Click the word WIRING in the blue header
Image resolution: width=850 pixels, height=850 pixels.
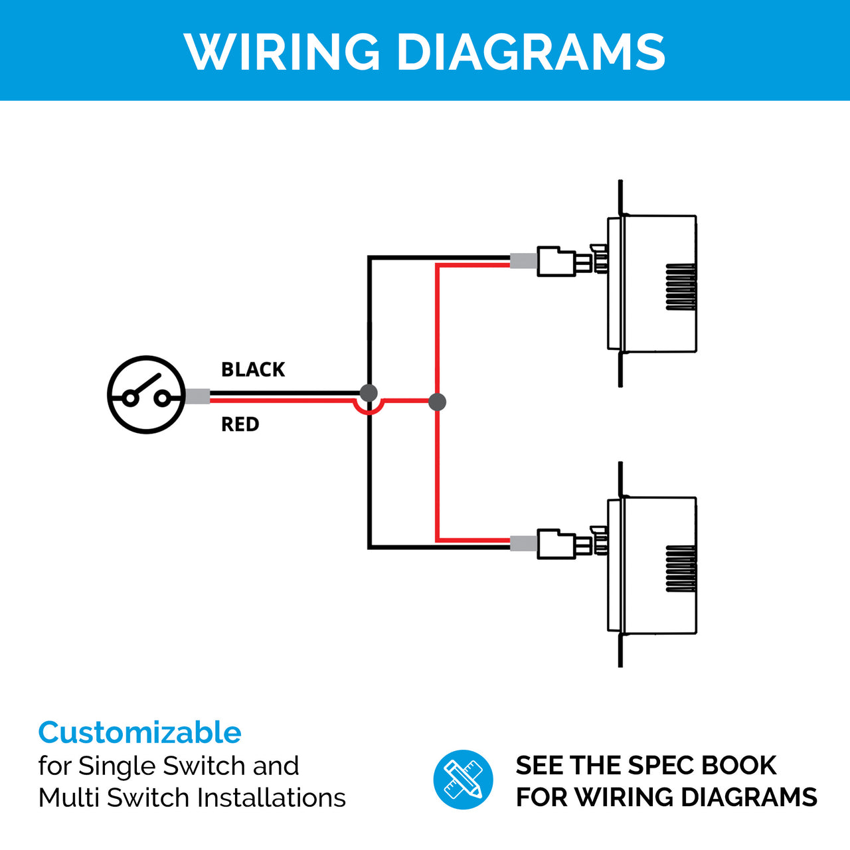[282, 51]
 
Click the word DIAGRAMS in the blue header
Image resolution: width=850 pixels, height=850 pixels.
[531, 51]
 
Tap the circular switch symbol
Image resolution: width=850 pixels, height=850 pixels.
[146, 396]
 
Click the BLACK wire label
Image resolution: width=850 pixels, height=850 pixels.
[253, 370]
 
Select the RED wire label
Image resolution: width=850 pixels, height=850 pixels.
[240, 424]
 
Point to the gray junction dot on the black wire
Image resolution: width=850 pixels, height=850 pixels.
[369, 392]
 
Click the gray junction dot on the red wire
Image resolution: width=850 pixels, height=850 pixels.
[437, 401]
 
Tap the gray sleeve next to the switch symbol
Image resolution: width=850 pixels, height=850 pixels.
[197, 396]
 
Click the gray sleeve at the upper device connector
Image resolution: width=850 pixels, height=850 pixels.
[523, 260]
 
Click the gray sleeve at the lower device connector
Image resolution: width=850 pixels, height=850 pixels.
[523, 543]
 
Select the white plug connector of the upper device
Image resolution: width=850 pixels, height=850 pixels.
[556, 262]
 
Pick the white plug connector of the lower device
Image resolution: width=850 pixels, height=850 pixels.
[556, 544]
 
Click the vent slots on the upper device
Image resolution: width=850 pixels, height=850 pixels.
[681, 286]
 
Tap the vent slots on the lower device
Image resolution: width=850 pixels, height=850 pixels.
[681, 568]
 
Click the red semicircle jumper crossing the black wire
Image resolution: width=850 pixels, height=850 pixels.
[369, 411]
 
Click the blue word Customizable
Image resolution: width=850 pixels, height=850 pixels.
[139, 732]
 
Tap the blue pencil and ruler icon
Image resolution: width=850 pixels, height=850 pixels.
[463, 780]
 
